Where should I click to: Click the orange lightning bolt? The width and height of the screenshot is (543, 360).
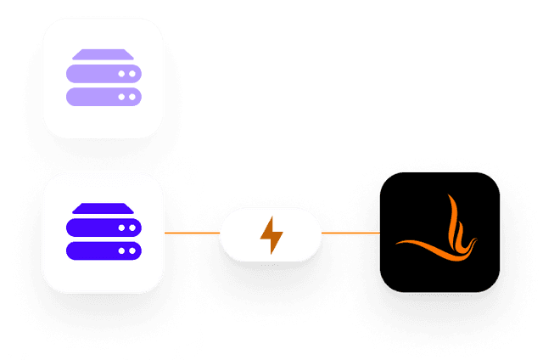click(x=271, y=235)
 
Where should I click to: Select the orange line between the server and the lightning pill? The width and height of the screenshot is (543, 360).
click(x=192, y=231)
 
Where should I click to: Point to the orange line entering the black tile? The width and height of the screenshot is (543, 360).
click(x=350, y=231)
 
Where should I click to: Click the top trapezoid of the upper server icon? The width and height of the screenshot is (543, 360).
click(x=103, y=54)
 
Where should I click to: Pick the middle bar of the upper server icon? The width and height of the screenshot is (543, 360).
click(x=103, y=75)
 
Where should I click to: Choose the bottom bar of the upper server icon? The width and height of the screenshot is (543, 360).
click(x=103, y=97)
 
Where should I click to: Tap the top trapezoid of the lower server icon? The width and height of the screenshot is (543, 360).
click(x=103, y=209)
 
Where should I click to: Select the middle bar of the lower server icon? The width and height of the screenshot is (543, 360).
click(x=103, y=229)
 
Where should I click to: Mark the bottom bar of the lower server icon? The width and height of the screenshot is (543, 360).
click(x=103, y=251)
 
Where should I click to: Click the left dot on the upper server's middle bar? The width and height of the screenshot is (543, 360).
click(x=121, y=75)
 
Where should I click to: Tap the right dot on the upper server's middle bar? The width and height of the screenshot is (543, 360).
click(x=132, y=75)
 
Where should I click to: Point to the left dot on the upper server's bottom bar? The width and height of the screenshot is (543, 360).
click(x=121, y=97)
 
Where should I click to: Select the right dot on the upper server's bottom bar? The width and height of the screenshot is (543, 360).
click(x=132, y=97)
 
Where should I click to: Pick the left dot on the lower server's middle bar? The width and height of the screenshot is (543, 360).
click(x=121, y=229)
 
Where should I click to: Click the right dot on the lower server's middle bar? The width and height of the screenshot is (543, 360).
click(x=132, y=229)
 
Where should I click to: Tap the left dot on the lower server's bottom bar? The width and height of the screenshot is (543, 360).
click(x=121, y=251)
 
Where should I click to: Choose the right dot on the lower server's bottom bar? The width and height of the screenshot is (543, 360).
click(x=132, y=251)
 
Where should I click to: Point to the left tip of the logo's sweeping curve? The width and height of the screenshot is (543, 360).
click(x=398, y=244)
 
